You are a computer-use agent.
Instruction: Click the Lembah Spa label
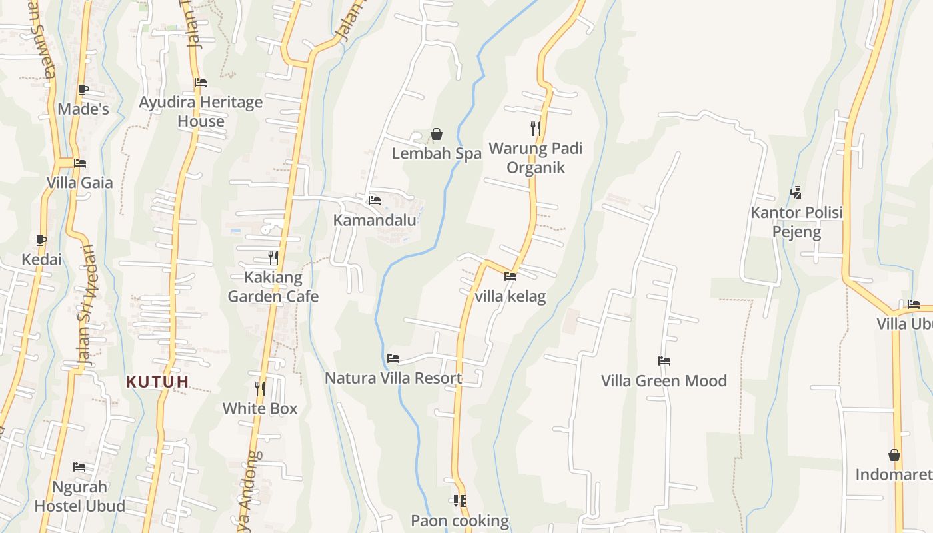tap(437, 153)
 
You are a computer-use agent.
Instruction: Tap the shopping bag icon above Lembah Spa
tap(437, 135)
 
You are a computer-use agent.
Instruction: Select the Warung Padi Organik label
tap(535, 157)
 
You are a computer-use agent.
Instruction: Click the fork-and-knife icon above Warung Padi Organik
tap(535, 128)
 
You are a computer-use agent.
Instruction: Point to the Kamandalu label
tap(375, 220)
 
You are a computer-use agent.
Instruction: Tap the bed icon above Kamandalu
tap(375, 200)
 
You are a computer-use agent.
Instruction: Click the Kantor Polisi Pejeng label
tap(796, 222)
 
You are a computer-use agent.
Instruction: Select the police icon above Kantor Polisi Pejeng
tap(796, 193)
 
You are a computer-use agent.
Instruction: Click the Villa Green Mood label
tap(664, 381)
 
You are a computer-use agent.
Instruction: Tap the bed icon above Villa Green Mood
tap(664, 361)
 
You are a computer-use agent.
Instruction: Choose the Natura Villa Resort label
tap(393, 378)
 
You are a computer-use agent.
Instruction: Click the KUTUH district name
tap(158, 382)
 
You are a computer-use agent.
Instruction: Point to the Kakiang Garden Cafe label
tap(273, 286)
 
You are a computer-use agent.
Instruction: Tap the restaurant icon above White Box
tap(260, 388)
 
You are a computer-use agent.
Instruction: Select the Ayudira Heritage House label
tap(201, 111)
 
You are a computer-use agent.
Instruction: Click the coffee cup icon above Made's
tap(83, 89)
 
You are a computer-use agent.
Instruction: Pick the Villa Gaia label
tap(80, 183)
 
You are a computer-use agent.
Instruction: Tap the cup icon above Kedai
tap(41, 240)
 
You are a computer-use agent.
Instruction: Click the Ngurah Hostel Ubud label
tap(79, 496)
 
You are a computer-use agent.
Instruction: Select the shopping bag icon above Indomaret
tap(894, 455)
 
